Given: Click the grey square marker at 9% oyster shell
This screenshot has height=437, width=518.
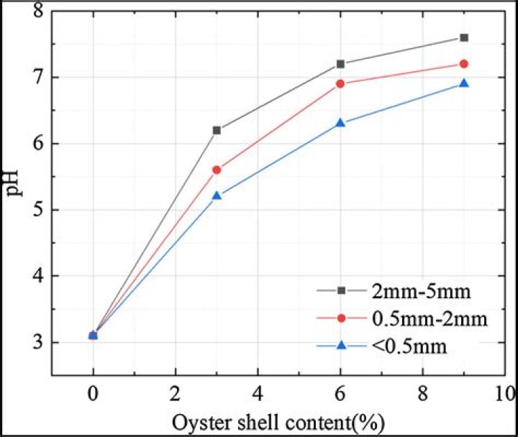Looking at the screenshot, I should click(464, 37).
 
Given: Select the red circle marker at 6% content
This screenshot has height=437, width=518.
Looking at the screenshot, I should click(340, 83).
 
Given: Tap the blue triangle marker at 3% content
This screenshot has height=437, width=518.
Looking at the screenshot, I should click(217, 195).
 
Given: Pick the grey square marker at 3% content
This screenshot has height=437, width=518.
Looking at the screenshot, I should click(217, 130).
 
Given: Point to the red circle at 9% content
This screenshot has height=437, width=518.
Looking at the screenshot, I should click(464, 64).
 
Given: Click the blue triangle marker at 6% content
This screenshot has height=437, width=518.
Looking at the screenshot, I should click(340, 123).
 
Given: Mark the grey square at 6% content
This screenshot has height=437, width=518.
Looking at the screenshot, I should click(340, 64).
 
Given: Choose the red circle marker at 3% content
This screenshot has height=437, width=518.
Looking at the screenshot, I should click(217, 170).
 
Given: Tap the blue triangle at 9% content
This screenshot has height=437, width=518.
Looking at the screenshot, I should click(464, 83).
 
